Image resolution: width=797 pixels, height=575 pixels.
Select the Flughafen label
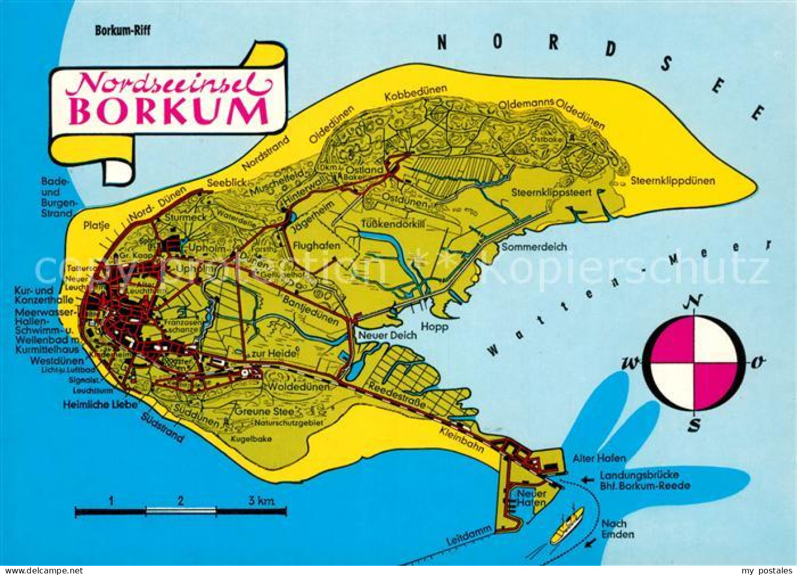tap(316, 246)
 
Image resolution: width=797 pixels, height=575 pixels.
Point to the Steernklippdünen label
tap(672, 181)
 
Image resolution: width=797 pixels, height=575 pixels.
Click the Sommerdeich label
tap(534, 247)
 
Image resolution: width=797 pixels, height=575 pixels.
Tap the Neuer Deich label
tap(387, 335)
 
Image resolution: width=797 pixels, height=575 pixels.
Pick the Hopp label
tap(434, 327)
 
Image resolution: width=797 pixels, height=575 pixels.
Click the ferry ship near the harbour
tap(567, 525)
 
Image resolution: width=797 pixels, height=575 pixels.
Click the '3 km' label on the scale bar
tap(261, 501)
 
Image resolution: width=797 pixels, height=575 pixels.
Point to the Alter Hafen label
tap(599, 458)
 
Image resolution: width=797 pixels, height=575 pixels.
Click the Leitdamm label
tap(469, 536)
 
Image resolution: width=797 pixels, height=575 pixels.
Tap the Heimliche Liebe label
tap(100, 405)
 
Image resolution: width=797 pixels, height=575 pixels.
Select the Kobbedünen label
tap(415, 93)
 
